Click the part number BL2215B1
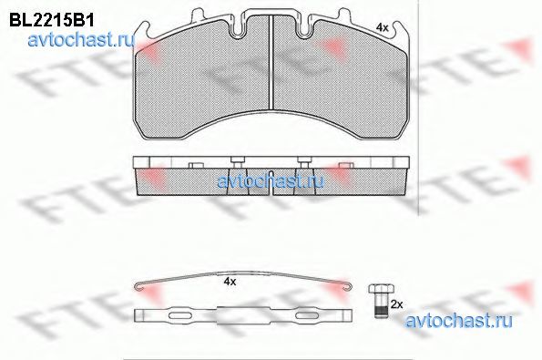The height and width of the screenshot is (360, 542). (x=52, y=21)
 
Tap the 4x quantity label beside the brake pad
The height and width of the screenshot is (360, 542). (x=383, y=27)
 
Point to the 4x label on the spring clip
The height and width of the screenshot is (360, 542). (x=230, y=282)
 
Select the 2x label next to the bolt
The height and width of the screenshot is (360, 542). (x=396, y=304)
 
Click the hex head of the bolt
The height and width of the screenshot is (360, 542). (x=378, y=289)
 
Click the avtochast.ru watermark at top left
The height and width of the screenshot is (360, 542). (x=81, y=41)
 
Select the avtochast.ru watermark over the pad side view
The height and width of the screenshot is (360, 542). (x=271, y=181)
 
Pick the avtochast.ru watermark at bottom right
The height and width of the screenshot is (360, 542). (x=458, y=321)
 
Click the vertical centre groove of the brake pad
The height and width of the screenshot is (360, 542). (x=271, y=62)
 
